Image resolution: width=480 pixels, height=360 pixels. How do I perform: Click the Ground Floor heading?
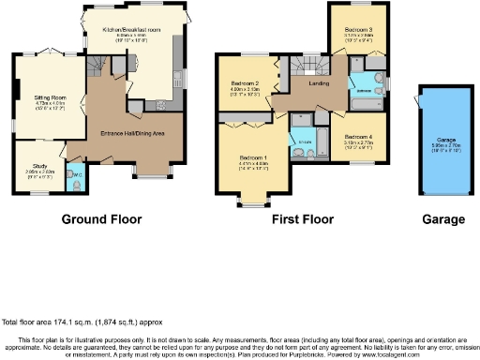pyautogui.click(x=101, y=220)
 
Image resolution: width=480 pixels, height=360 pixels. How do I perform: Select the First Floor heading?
pyautogui.click(x=303, y=220)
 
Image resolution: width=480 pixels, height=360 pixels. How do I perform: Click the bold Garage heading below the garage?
pyautogui.click(x=442, y=220)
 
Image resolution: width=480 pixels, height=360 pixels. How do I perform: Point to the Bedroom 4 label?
pyautogui.click(x=358, y=137)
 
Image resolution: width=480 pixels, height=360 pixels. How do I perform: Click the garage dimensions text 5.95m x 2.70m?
pyautogui.click(x=442, y=145)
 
